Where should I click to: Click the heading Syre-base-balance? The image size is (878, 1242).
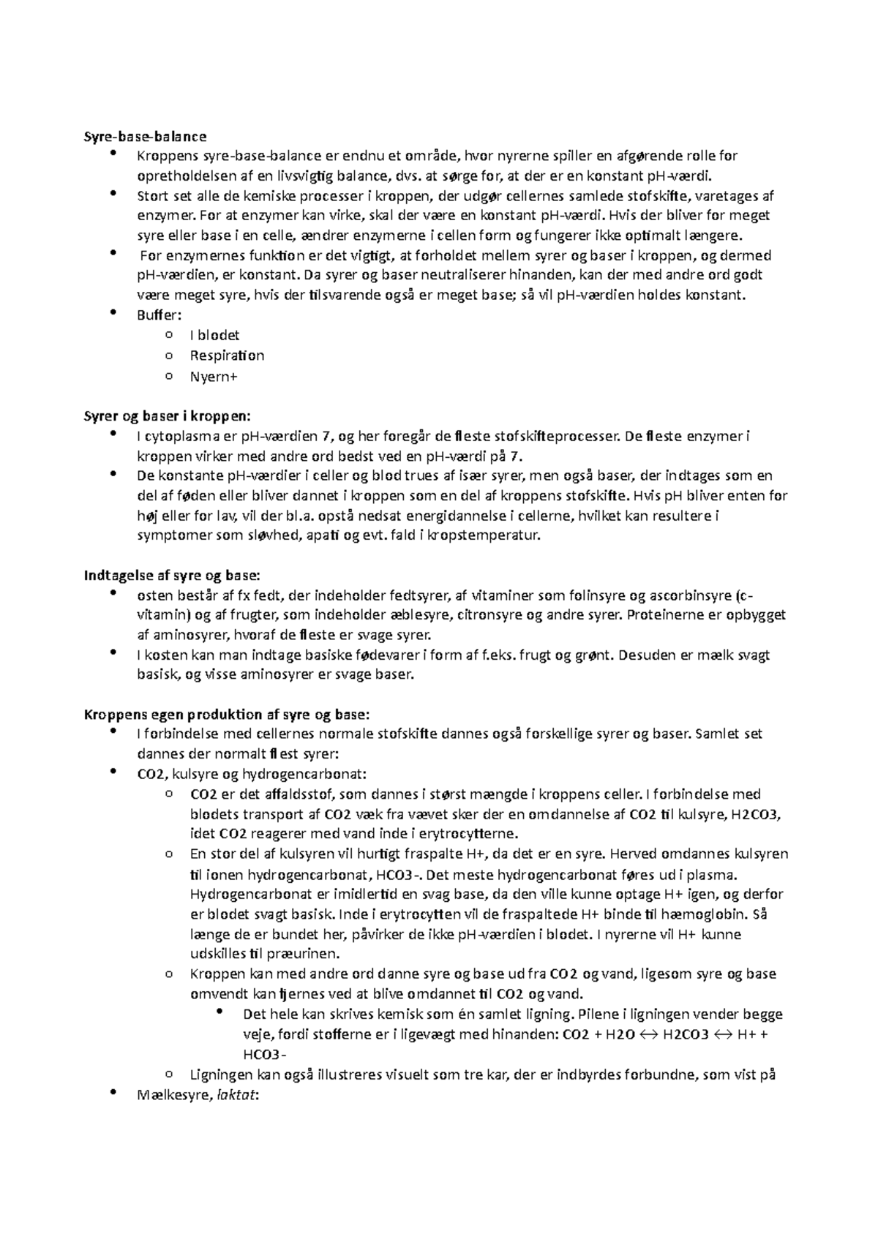(146, 136)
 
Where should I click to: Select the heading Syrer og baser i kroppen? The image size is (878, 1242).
(168, 416)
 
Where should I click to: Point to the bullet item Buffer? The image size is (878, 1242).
(159, 315)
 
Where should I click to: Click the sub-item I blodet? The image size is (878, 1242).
(214, 336)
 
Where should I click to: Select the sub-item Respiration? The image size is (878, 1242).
(227, 356)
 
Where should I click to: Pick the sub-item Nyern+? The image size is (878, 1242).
(214, 377)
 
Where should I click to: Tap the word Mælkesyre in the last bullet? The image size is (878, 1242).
(171, 1096)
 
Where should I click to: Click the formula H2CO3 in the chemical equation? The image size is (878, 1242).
(685, 1035)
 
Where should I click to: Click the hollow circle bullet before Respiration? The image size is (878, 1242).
(169, 356)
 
